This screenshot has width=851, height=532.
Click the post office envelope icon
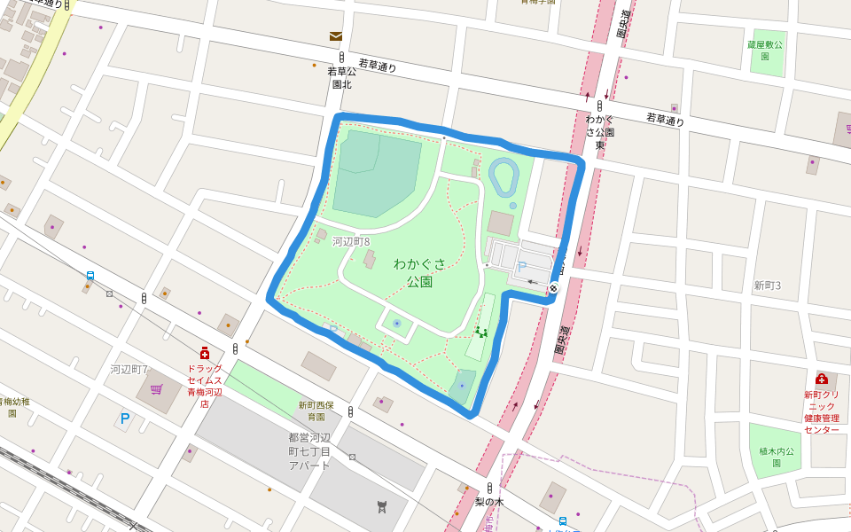click(336, 36)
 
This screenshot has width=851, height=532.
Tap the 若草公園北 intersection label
click(341, 77)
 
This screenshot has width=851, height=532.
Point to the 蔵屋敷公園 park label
click(764, 50)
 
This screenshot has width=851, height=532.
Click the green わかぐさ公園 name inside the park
click(419, 272)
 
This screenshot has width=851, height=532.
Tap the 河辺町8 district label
click(351, 241)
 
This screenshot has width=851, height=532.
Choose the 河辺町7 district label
click(129, 369)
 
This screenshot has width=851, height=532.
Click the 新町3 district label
click(767, 286)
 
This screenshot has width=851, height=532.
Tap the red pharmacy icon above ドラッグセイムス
click(205, 353)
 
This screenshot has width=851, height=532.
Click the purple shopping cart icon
click(157, 389)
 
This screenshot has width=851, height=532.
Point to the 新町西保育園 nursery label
click(316, 411)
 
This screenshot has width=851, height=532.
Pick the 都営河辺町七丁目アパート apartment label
click(309, 451)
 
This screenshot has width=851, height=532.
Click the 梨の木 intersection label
click(488, 502)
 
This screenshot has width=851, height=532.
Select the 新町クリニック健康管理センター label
click(821, 412)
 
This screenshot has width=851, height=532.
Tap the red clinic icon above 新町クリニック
click(821, 379)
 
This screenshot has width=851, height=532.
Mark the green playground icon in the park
click(480, 332)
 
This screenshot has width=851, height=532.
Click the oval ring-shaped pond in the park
click(503, 176)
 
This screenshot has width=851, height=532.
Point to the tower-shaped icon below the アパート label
click(382, 506)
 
